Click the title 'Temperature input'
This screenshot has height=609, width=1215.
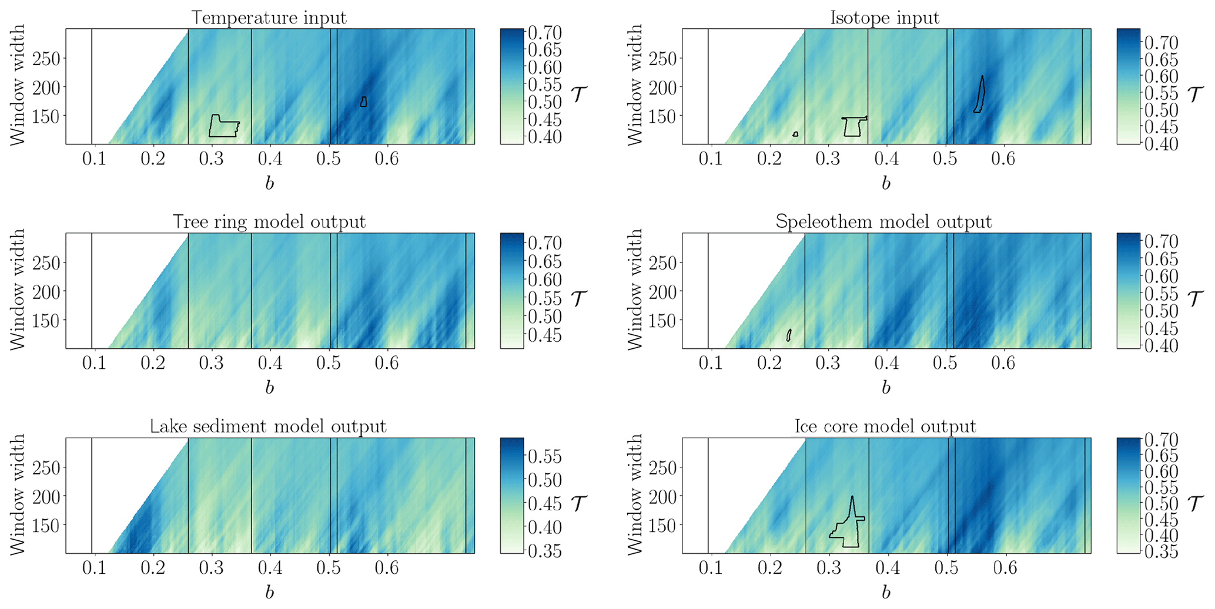[269, 18]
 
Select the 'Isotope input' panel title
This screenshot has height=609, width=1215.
[885, 18]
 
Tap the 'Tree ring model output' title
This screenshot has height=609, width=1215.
[269, 222]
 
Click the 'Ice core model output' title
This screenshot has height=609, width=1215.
[885, 426]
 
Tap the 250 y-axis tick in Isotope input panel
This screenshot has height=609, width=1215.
[661, 58]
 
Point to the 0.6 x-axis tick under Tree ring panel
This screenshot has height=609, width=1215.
[387, 363]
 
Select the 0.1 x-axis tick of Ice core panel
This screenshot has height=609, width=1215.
[711, 567]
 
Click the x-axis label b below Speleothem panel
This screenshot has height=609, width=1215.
[886, 388]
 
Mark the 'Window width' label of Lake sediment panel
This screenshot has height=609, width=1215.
[18, 494]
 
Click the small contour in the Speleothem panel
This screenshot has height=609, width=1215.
[789, 335]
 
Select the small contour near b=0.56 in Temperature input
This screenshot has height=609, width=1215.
[364, 102]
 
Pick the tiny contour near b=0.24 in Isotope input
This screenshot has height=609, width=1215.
[795, 134]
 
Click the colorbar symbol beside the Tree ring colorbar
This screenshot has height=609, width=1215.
[580, 298]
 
